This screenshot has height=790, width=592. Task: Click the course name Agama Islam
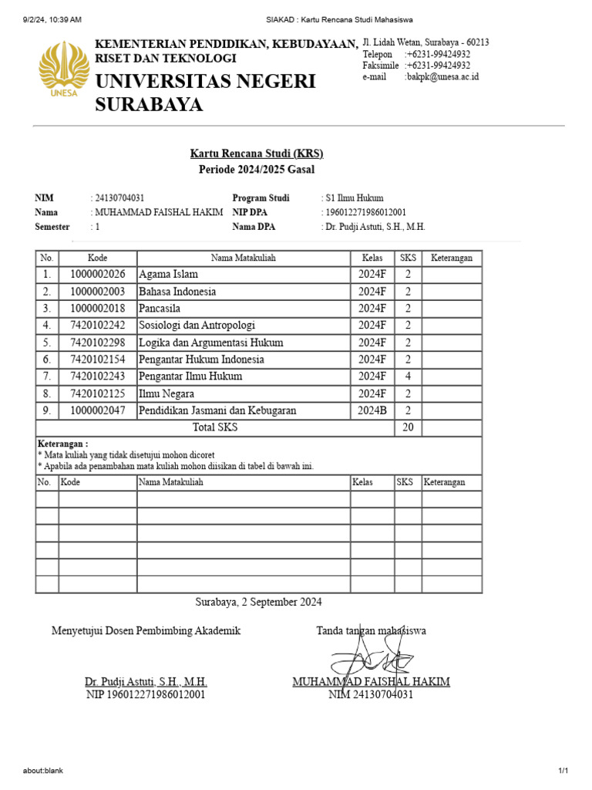pos(168,274)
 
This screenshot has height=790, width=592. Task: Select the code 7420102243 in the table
pos(97,376)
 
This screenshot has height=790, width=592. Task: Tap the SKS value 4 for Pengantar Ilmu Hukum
pos(408,376)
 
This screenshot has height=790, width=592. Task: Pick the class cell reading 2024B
pos(372,410)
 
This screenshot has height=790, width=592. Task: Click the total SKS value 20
pos(408,427)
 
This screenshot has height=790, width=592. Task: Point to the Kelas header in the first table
pos(372,258)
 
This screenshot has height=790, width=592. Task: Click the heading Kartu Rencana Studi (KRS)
pos(257,154)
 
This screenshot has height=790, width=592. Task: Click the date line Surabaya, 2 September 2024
pos(258,602)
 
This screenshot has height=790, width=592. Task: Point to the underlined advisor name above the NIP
pos(146,682)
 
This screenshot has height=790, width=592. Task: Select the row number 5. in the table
pos(47,342)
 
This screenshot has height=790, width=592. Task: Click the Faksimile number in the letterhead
pos(437,66)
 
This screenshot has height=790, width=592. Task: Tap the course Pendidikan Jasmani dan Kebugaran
pos(217,410)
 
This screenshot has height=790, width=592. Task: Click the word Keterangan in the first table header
pos(452,258)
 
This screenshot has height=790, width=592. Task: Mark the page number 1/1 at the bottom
pos(563,771)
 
